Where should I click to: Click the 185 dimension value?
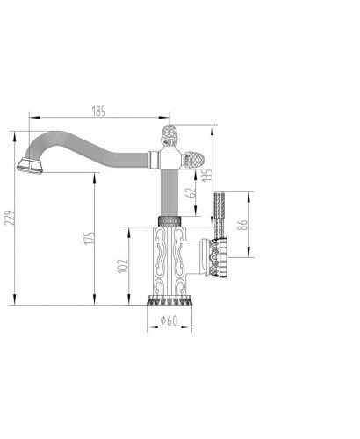[x=99, y=112]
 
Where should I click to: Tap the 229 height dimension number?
[x=10, y=218]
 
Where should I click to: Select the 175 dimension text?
[x=90, y=238]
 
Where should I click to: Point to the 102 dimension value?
[x=123, y=266]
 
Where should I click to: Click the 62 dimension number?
[x=191, y=193]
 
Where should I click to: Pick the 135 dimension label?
[x=207, y=175]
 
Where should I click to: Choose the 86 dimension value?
[x=243, y=225]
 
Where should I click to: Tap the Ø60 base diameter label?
[x=169, y=320]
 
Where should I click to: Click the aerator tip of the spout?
[x=30, y=166]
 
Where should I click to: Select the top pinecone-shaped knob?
[x=169, y=135]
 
